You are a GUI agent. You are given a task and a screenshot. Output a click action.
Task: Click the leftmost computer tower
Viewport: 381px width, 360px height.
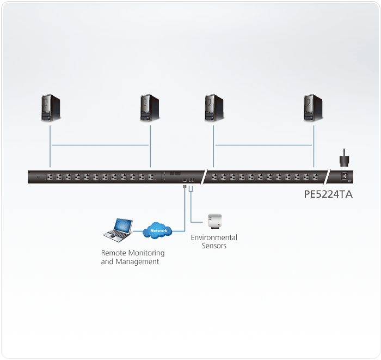click(51, 108)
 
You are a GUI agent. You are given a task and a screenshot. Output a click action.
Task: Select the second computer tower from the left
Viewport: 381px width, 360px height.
click(149, 108)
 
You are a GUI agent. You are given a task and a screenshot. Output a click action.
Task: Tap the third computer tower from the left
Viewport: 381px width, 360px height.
click(214, 108)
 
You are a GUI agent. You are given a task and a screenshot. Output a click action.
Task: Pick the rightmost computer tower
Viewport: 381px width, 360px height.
click(313, 108)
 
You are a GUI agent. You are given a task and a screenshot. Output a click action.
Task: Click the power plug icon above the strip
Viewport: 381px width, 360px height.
click(344, 158)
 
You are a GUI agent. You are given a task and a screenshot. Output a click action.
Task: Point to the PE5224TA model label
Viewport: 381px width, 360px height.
click(328, 194)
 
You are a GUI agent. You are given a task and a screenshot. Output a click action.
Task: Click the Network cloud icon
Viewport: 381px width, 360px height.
click(157, 230)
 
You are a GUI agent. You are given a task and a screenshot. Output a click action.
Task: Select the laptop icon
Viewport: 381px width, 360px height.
click(119, 229)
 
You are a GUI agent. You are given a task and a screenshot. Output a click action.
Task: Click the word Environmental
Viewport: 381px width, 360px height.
click(214, 237)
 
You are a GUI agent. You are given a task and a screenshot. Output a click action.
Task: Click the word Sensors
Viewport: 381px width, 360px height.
click(214, 246)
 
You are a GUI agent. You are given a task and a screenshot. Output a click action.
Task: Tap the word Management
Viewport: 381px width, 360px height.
click(137, 261)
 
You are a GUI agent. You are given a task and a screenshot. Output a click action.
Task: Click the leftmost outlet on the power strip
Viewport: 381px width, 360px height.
click(50, 177)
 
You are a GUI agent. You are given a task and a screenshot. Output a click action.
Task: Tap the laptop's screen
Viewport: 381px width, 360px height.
click(122, 225)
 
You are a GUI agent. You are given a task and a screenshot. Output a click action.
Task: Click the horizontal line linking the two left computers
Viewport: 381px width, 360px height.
click(100, 145)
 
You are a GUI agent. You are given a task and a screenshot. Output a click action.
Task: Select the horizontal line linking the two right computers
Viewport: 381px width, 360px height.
click(263, 145)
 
